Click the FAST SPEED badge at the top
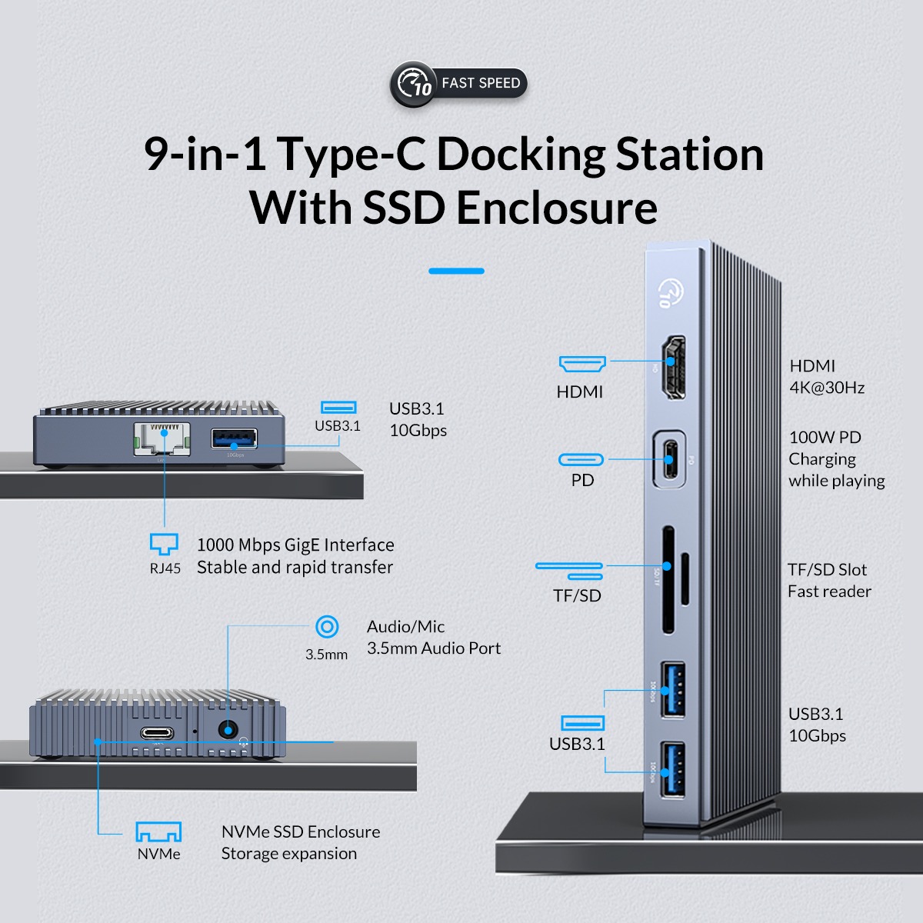tap(458, 83)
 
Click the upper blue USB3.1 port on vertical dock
tap(674, 689)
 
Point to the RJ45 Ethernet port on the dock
tap(162, 438)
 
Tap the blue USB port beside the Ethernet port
tap(234, 438)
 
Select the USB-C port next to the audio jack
tap(157, 733)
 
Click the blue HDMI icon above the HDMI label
tap(582, 363)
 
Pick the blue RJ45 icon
tap(164, 544)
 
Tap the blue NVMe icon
tap(158, 831)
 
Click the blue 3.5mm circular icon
tap(327, 627)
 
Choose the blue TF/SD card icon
tap(570, 570)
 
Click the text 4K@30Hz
tap(827, 388)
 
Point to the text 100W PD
tap(825, 437)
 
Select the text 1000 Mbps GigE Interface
tap(295, 545)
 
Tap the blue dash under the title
tap(456, 271)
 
